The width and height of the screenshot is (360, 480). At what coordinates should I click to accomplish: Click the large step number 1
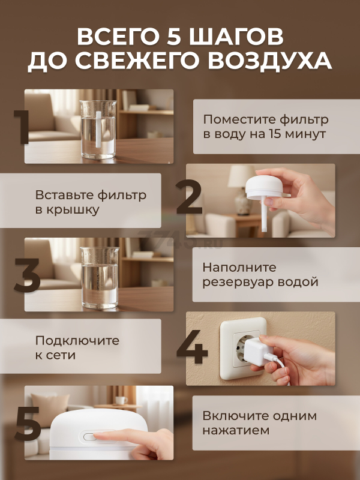(22, 127)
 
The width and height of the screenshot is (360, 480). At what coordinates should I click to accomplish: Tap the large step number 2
(189, 197)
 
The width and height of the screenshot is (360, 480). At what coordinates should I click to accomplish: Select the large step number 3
(27, 275)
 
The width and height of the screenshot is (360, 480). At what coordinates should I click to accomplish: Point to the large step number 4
(192, 347)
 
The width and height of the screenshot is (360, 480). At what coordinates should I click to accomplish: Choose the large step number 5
(28, 424)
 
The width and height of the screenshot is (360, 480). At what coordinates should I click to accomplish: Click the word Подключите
(77, 341)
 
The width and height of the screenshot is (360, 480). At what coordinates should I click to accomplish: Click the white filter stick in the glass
(98, 130)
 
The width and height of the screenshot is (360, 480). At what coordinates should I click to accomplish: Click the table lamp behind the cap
(242, 189)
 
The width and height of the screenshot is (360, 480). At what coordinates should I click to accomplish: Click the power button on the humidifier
(89, 437)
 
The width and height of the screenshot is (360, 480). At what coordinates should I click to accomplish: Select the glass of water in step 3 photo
(100, 277)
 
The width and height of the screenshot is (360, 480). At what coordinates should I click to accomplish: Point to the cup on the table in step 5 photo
(121, 400)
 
